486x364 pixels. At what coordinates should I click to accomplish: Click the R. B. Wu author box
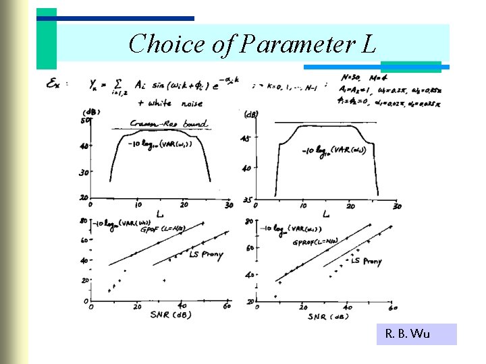click(407, 334)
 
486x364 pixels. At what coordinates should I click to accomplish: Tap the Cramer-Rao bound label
click(168, 124)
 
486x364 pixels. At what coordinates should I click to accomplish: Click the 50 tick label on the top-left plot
click(85, 120)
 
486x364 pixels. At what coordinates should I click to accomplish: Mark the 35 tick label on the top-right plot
click(247, 200)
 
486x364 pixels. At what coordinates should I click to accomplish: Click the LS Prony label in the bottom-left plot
click(206, 255)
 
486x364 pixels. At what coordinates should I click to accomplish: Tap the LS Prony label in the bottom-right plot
click(367, 261)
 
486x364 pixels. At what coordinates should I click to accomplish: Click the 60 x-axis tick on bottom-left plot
click(227, 306)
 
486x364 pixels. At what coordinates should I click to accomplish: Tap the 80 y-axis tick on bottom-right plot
click(248, 221)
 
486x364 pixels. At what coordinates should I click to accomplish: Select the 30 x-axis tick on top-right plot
click(397, 206)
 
